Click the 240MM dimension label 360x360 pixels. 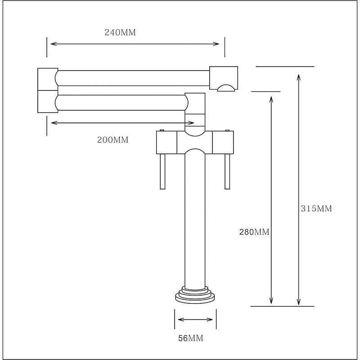120,32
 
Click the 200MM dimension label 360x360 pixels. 113,140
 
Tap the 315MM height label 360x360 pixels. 316,208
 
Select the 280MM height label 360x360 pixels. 254,232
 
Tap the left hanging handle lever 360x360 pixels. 163,171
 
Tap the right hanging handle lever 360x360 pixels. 227,171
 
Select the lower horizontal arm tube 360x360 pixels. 121,102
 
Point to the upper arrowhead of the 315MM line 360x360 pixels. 298,77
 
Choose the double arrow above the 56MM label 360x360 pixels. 195,320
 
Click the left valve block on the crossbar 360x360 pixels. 166,143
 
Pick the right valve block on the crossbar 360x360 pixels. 223,143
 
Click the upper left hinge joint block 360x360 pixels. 47,79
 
